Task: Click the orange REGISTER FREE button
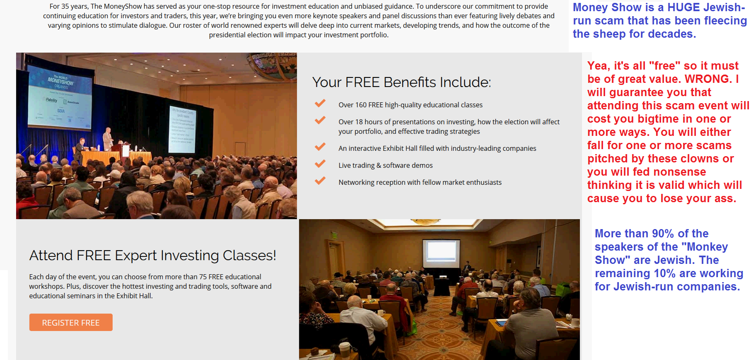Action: tap(71, 322)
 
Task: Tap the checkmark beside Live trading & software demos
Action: tap(320, 164)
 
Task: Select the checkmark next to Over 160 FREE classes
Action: tap(320, 103)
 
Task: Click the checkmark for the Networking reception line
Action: tap(320, 181)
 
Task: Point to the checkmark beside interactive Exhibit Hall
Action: tap(320, 147)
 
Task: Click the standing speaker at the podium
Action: tap(108, 140)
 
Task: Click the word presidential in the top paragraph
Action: tap(230, 35)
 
